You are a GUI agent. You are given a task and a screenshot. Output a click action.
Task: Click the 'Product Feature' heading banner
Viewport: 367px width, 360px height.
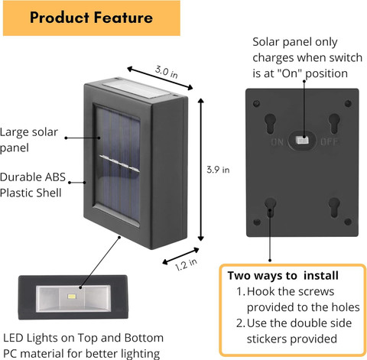pyautogui.click(x=92, y=18)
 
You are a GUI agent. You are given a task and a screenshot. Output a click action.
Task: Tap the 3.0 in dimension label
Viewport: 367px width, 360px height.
pyautogui.click(x=167, y=72)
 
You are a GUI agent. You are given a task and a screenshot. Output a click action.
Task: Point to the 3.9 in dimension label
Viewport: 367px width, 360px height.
pyautogui.click(x=218, y=170)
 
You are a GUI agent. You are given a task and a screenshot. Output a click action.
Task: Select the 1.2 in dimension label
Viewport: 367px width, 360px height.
pyautogui.click(x=186, y=264)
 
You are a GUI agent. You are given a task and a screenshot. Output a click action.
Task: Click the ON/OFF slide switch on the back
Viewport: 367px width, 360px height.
pyautogui.click(x=302, y=141)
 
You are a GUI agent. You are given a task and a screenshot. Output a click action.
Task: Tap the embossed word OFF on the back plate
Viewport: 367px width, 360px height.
pyautogui.click(x=330, y=141)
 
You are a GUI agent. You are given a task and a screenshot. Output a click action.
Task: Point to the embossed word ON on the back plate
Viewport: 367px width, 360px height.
pyautogui.click(x=278, y=141)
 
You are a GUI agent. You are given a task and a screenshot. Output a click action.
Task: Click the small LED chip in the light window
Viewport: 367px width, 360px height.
pyautogui.click(x=72, y=297)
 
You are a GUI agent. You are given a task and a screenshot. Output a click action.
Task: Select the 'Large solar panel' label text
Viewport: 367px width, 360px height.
pyautogui.click(x=29, y=140)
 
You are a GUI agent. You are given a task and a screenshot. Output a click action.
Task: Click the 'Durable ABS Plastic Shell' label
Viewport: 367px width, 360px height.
pyautogui.click(x=33, y=185)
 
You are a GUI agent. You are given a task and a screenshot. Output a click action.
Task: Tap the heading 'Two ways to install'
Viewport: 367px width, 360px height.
pyautogui.click(x=283, y=276)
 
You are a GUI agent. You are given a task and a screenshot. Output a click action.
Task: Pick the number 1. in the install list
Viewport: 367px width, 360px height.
pyautogui.click(x=241, y=291)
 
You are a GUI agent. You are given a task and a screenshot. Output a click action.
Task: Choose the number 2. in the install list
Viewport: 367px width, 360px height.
pyautogui.click(x=241, y=323)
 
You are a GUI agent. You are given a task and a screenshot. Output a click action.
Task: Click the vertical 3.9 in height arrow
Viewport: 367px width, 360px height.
pyautogui.click(x=201, y=170)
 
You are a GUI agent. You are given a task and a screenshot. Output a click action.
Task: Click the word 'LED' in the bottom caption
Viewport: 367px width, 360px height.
pyautogui.click(x=14, y=338)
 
